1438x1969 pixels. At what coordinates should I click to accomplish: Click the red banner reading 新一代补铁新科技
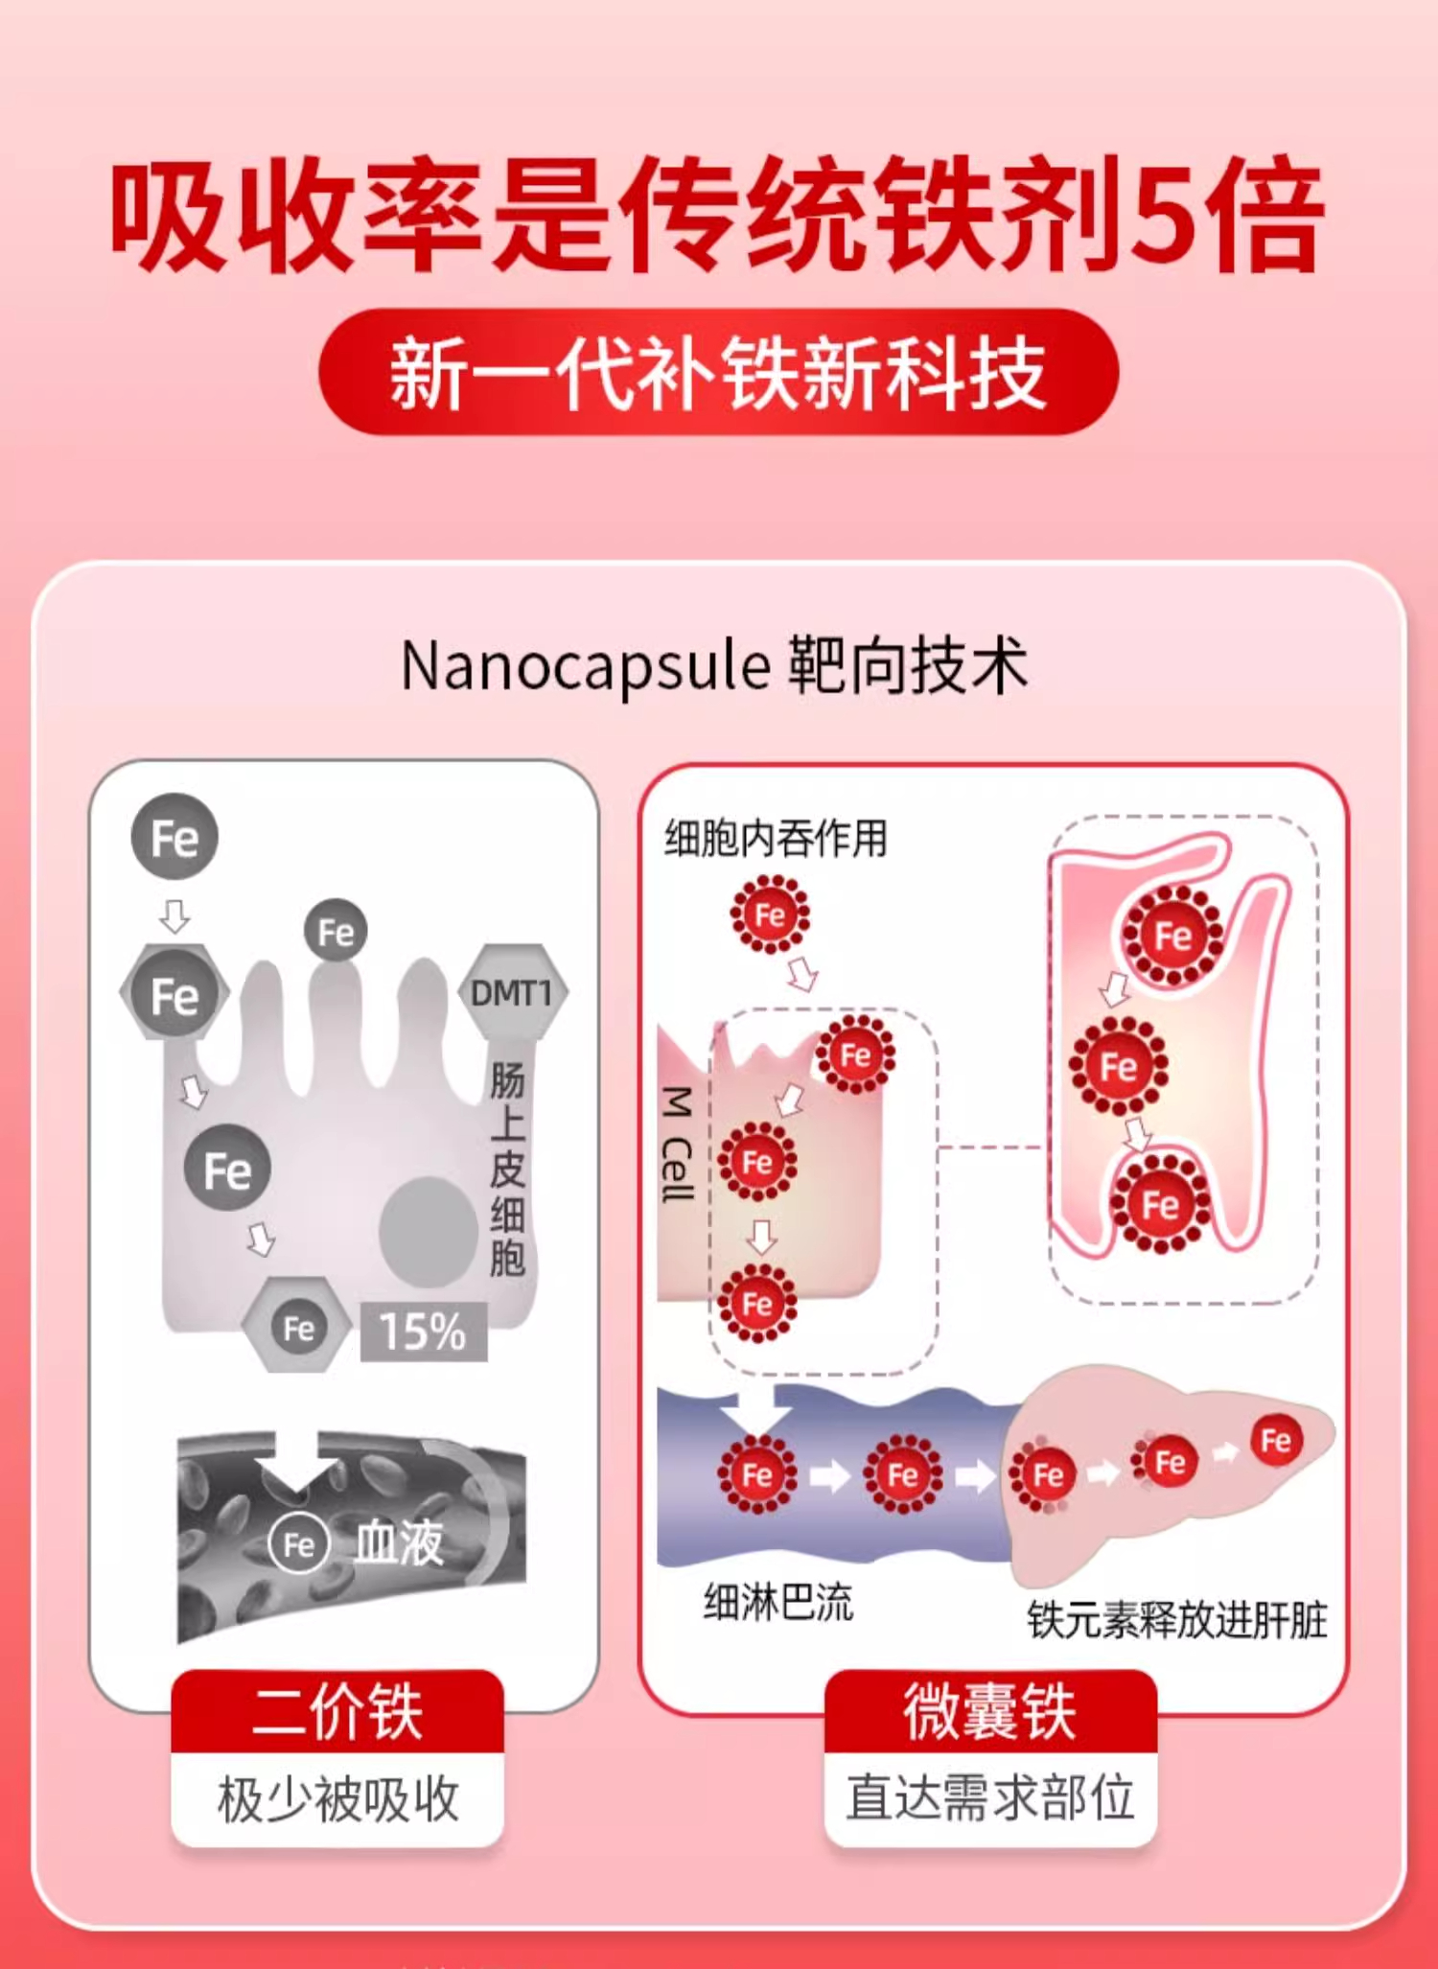[x=718, y=372]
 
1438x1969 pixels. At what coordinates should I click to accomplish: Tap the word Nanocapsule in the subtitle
[x=585, y=665]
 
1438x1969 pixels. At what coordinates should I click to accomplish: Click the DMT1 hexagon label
[x=512, y=992]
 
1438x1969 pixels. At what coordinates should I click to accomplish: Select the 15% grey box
[x=423, y=1331]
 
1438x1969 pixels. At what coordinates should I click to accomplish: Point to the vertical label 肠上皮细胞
[x=507, y=1169]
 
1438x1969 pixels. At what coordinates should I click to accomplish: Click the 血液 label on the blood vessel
[x=399, y=1543]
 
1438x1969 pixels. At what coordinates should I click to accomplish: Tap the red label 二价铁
[x=337, y=1711]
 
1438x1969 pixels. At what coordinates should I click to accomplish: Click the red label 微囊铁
[x=990, y=1711]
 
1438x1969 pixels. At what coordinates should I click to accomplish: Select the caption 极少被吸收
[x=337, y=1798]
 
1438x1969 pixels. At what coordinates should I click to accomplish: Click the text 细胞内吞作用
[x=776, y=838]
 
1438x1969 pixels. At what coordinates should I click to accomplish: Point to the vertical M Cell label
[x=678, y=1144]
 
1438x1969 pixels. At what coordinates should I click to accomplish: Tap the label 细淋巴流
[x=777, y=1602]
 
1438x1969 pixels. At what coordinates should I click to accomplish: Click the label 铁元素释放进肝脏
[x=1177, y=1620]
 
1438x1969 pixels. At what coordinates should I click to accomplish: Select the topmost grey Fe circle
[x=174, y=837]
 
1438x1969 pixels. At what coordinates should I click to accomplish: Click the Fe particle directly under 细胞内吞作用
[x=770, y=915]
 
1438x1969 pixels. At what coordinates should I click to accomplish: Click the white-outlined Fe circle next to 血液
[x=298, y=1544]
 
